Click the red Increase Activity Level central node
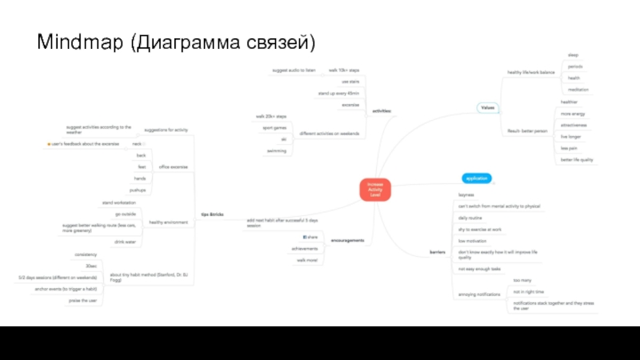click(x=375, y=190)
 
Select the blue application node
click(x=477, y=178)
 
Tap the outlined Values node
click(x=486, y=107)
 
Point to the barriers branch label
click(x=438, y=252)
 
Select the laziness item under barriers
click(x=466, y=195)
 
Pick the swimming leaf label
click(x=277, y=150)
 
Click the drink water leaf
click(x=125, y=242)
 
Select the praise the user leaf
click(x=83, y=300)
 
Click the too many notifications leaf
click(x=522, y=281)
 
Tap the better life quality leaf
click(x=577, y=159)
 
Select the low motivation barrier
click(x=473, y=240)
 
